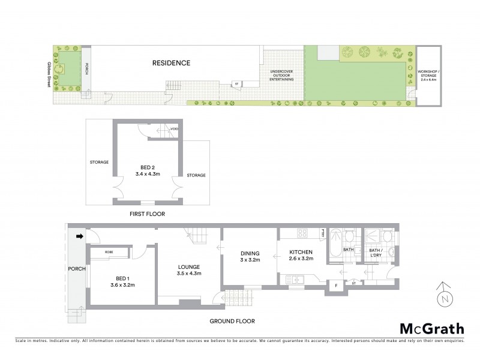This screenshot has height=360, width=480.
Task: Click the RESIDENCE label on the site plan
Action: (171, 62)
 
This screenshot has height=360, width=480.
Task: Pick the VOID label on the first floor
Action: (174, 128)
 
